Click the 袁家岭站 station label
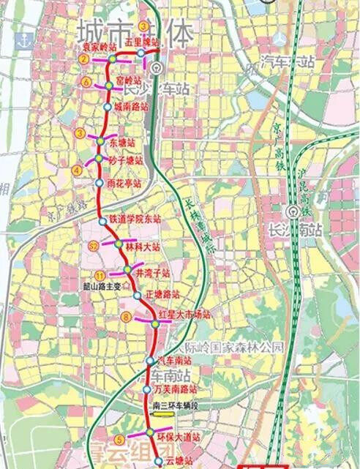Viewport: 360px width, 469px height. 100,46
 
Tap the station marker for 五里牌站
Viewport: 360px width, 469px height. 140,53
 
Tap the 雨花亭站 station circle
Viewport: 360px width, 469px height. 100,183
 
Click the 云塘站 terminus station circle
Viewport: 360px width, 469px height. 157,461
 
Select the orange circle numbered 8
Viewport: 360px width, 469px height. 126,317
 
